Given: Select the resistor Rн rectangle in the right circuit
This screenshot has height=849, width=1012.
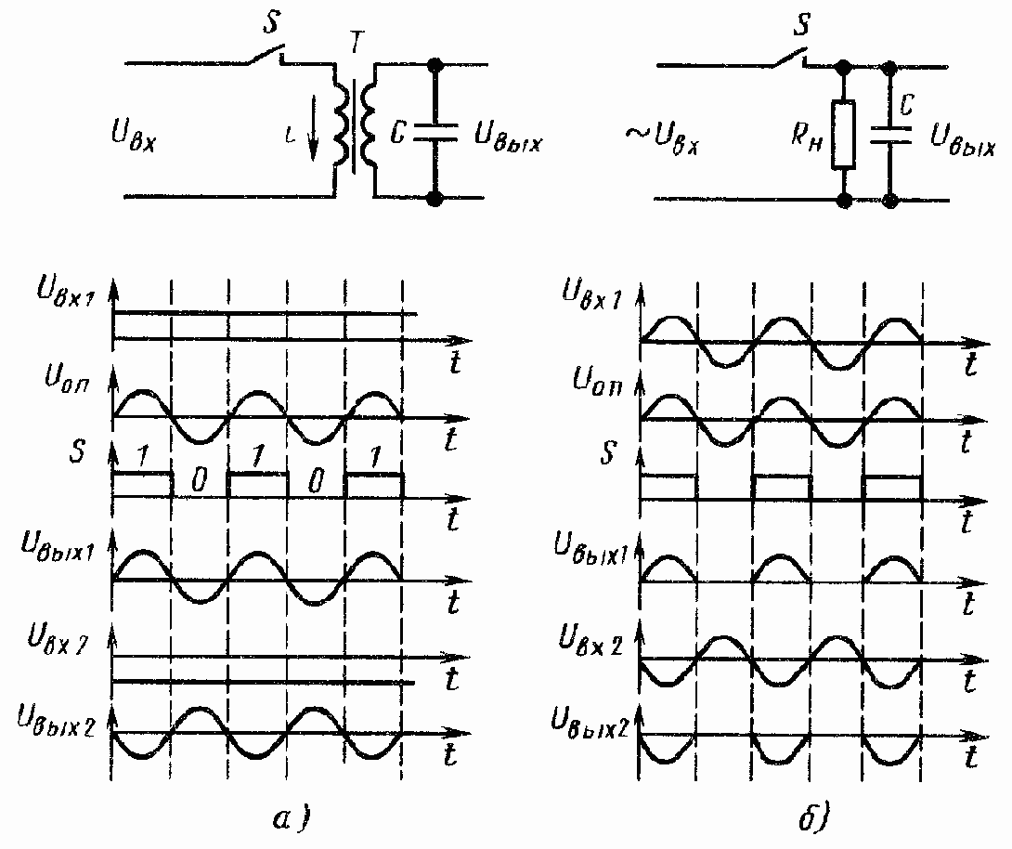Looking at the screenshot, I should click(x=843, y=134).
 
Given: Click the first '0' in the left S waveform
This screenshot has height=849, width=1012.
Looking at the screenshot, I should click(x=199, y=481).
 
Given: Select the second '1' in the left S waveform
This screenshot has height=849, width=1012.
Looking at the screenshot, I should click(x=257, y=457).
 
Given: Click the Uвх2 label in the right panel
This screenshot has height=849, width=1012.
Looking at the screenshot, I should click(x=595, y=641).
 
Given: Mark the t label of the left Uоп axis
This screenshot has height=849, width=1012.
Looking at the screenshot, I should click(x=452, y=439).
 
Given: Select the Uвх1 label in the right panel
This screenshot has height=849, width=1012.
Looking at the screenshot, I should click(x=595, y=292).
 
